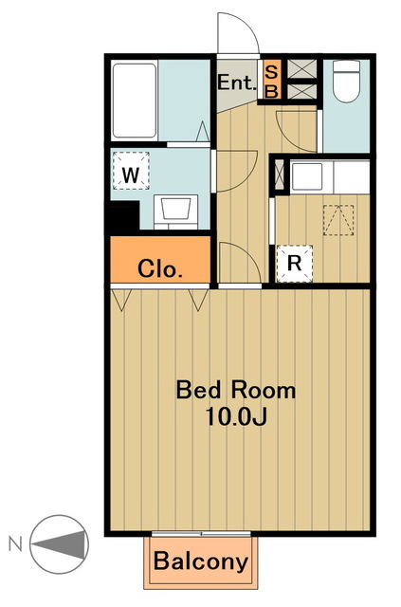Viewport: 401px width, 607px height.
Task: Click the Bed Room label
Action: pos(236,390)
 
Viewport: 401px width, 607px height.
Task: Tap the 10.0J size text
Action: pos(236,416)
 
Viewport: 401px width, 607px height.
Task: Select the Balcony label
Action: pos(201,561)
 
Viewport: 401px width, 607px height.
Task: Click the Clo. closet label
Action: pos(160,268)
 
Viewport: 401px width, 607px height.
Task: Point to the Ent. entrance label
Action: pos(237,83)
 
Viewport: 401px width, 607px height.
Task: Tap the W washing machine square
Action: pos(131,171)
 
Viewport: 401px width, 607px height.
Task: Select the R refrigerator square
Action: pos(295,264)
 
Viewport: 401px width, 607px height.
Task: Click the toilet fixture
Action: pos(346,82)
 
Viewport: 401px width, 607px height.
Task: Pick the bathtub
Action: pos(135,101)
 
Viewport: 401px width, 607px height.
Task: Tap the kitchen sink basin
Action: pos(306,176)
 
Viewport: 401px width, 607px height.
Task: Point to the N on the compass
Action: pos(15,544)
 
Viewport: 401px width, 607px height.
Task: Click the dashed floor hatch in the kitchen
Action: pos(338,220)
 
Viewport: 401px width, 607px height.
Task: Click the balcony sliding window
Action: pos(201,534)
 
